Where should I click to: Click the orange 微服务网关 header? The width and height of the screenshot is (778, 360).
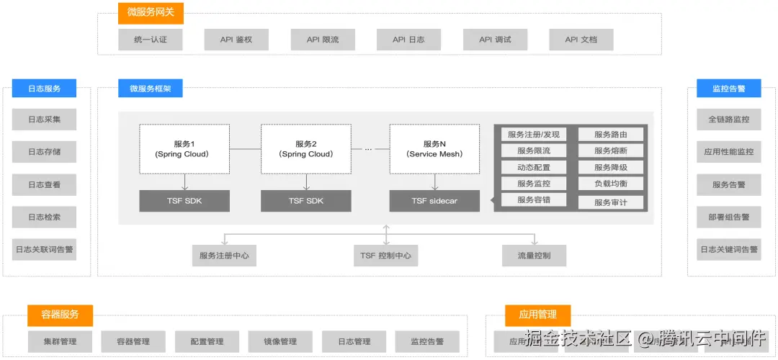point(151,12)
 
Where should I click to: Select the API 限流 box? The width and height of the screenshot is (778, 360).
point(323,40)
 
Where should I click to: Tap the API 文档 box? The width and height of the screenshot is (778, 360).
point(581,40)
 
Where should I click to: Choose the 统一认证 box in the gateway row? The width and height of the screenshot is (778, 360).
point(151,40)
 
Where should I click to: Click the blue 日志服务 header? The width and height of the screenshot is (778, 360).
point(44,89)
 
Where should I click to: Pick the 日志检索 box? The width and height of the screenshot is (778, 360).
point(44,217)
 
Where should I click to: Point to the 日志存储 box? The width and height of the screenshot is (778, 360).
point(44,152)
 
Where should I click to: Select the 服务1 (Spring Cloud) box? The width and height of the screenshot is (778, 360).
point(184,149)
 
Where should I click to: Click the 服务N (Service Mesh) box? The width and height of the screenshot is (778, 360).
point(434,149)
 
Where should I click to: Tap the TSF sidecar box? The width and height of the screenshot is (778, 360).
point(434,201)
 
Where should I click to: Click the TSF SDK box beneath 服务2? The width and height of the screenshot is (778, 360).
point(306,201)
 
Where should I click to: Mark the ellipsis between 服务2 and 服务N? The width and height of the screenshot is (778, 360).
point(368,149)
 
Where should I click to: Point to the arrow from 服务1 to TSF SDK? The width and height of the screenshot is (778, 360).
point(184,182)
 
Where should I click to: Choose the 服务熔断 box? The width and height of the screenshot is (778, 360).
point(611,151)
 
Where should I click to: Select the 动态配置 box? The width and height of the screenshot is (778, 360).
point(533,168)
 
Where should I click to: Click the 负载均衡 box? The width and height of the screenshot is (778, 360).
point(611,184)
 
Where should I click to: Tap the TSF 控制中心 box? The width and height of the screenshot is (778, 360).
point(386,256)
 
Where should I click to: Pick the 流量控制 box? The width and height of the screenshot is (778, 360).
point(534,256)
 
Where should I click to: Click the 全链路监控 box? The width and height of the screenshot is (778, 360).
point(728,120)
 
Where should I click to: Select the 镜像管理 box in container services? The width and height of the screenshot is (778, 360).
point(279,341)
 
